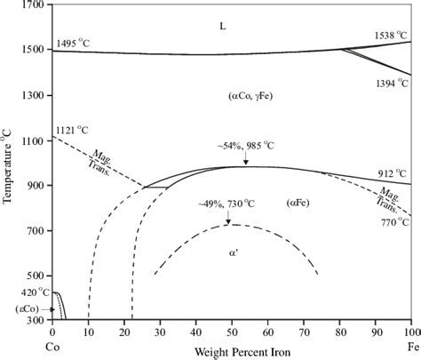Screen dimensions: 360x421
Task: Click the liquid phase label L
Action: (223, 27)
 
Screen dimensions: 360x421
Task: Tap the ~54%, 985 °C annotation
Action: (234, 145)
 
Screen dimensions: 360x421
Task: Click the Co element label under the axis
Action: (52, 343)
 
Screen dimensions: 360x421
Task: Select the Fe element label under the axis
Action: (410, 343)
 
